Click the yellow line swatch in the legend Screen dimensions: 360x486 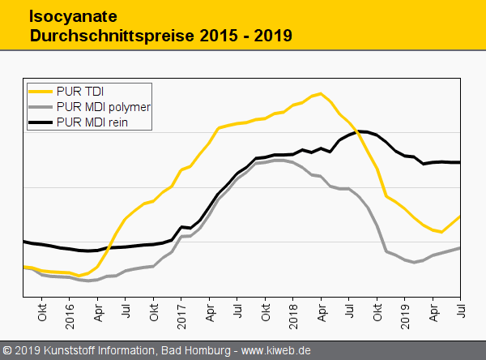[40, 91]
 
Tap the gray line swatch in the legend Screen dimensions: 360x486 [40, 106]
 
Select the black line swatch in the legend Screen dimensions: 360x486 [40, 122]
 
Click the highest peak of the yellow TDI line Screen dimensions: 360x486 [321, 93]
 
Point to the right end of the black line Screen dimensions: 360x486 [460, 162]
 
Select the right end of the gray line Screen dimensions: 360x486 [460, 247]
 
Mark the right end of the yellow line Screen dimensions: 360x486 [460, 216]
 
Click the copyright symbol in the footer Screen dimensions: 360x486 [7, 350]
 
